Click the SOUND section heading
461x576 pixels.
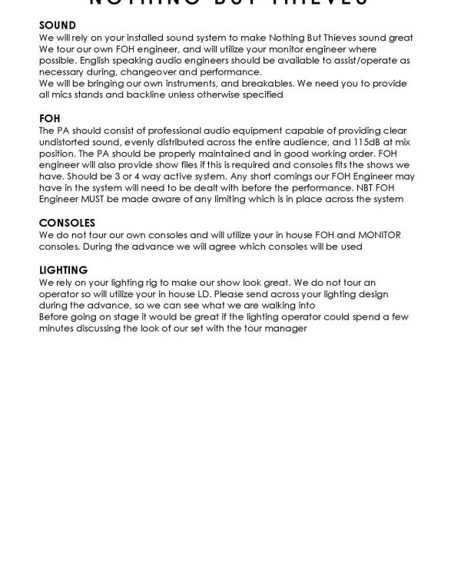tap(58, 26)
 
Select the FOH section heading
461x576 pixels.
tap(49, 119)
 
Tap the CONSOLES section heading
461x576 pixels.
tap(67, 223)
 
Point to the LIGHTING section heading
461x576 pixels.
tap(63, 270)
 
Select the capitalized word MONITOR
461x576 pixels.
tap(380, 235)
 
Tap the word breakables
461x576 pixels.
tap(276, 84)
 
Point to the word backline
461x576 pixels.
tap(130, 95)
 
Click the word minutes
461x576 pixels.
tap(56, 328)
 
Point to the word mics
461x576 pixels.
tap(63, 95)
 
